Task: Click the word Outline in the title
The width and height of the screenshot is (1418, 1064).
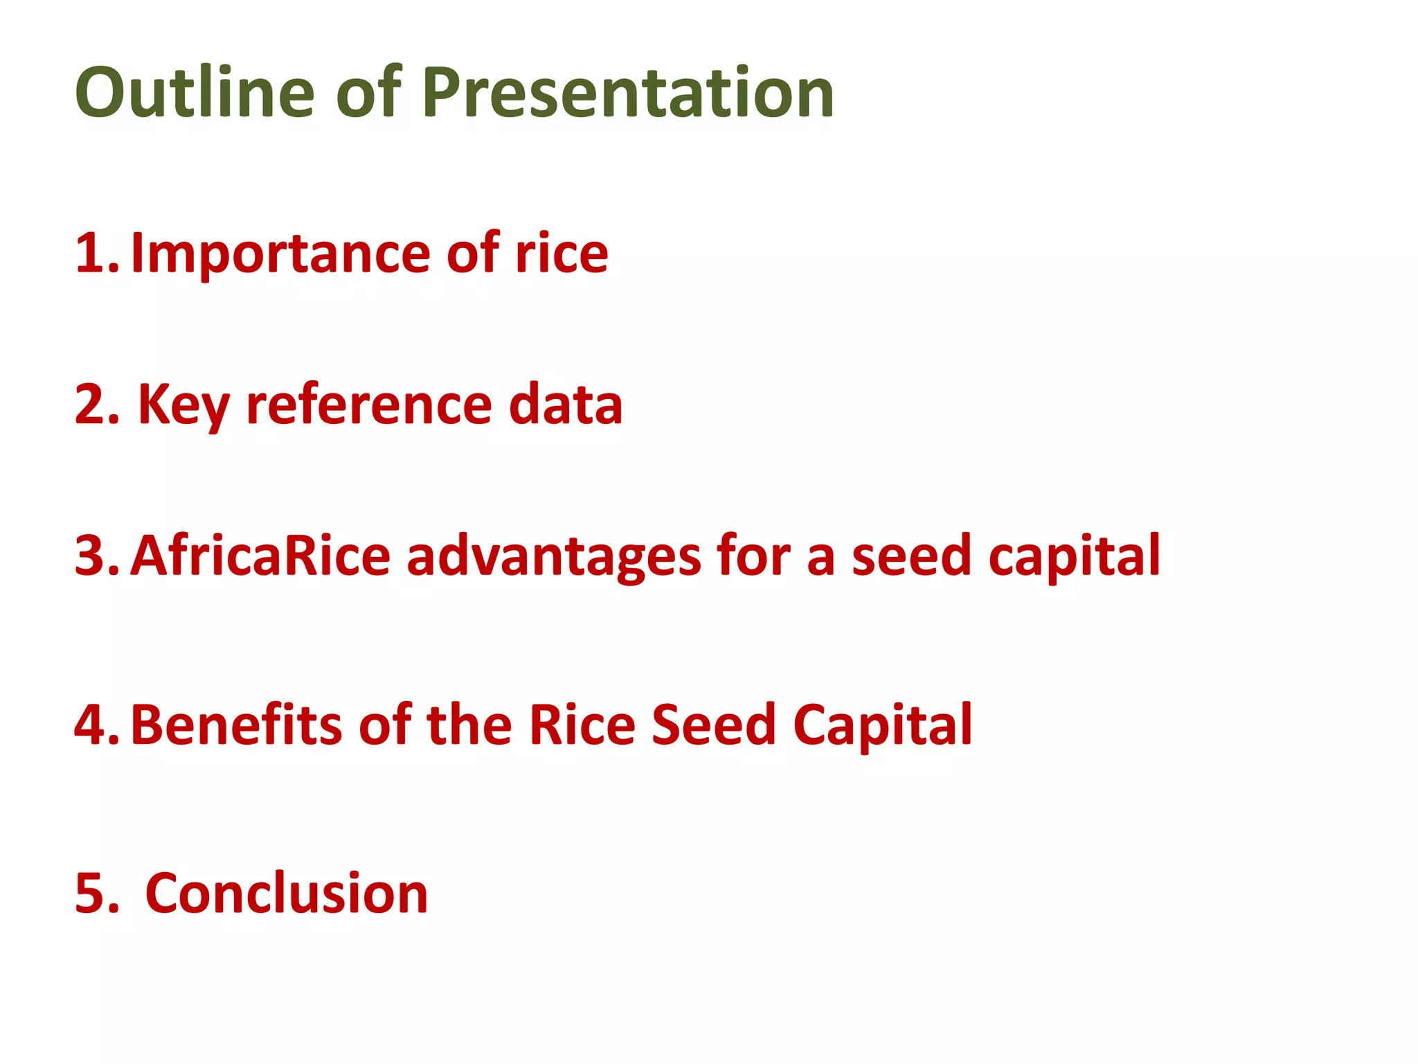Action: point(195,92)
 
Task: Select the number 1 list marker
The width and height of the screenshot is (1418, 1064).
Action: point(96,254)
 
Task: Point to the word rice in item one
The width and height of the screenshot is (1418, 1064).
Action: point(561,254)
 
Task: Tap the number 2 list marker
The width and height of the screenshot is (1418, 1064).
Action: point(96,405)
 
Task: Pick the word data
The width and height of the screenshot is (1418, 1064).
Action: point(565,405)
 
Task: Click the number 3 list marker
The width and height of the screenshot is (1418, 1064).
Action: point(96,556)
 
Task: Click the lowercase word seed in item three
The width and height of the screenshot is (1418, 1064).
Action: point(910,556)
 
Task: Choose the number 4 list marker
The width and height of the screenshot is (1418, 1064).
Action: point(96,725)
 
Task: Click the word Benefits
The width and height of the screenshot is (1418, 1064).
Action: point(236,725)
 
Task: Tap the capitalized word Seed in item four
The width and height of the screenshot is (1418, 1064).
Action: point(713,725)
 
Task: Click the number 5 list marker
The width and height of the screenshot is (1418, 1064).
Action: point(96,894)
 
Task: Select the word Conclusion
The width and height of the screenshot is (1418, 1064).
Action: point(287,894)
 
